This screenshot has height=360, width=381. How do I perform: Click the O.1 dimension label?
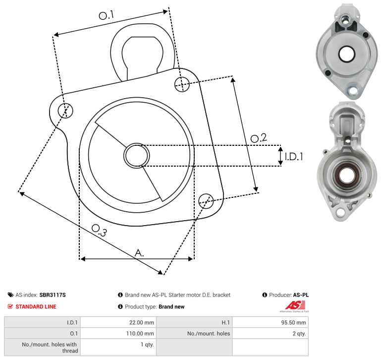point(106,15)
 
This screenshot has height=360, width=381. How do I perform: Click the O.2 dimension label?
point(259,138)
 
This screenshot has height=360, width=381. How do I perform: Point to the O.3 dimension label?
point(99,230)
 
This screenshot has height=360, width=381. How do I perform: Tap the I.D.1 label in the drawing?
point(294,157)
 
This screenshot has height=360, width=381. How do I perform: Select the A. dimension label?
point(139,253)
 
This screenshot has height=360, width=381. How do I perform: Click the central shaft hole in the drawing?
point(137,155)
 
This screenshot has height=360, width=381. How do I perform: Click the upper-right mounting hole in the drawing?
point(182,84)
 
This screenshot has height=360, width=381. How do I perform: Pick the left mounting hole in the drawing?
point(65,111)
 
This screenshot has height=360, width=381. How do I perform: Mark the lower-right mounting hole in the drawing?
point(206,201)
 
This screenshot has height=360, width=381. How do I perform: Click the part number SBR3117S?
point(53,295)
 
